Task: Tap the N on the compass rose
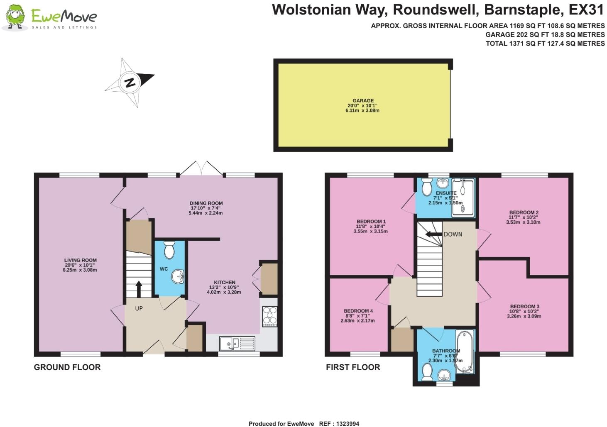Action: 130,82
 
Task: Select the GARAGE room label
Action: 363,100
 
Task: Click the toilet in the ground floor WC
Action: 169,250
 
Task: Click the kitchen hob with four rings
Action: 269,316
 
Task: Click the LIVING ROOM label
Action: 80,260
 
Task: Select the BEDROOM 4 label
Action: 358,311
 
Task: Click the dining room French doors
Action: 201,168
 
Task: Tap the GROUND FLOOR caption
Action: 67,367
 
